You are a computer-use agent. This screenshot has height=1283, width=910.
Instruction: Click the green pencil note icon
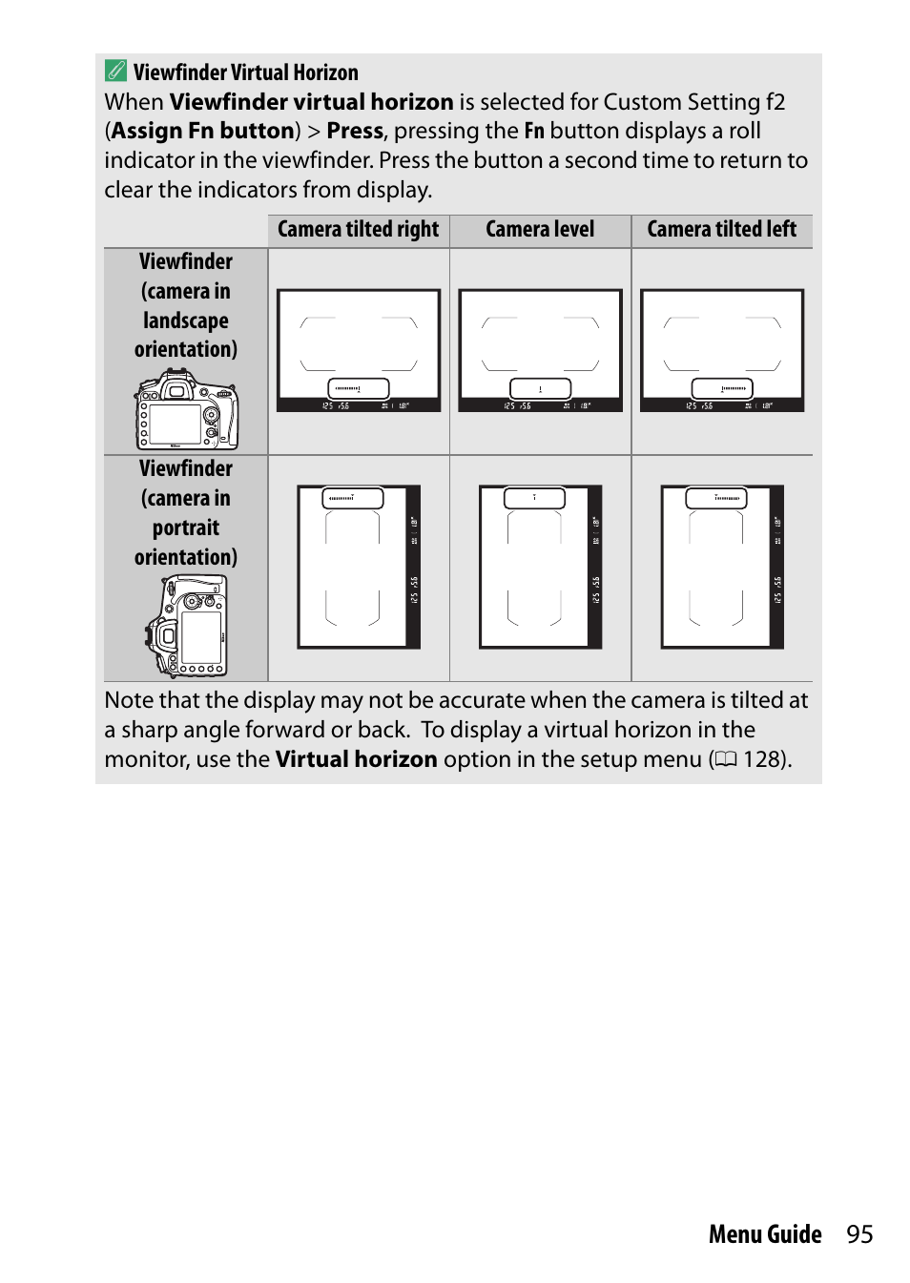[x=115, y=71]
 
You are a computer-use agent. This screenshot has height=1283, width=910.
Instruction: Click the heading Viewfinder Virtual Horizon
[x=245, y=72]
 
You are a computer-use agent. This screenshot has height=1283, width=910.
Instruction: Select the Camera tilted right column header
[x=358, y=230]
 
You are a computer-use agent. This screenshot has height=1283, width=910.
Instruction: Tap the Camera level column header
[x=540, y=230]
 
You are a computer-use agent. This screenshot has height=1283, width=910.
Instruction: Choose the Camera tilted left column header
[x=721, y=230]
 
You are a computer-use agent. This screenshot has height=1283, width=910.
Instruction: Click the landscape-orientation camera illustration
[x=187, y=410]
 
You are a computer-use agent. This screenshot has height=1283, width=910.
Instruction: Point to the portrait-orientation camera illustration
[x=187, y=626]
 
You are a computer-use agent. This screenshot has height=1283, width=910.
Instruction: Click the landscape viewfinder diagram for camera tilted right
[x=359, y=350]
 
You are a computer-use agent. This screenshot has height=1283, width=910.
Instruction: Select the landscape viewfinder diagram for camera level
[x=540, y=350]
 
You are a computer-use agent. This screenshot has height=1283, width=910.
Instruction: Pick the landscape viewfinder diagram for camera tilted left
[x=722, y=350]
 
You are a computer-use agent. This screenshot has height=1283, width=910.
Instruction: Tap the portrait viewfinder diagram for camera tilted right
[x=359, y=567]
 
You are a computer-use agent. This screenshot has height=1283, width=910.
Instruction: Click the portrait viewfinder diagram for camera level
[x=540, y=567]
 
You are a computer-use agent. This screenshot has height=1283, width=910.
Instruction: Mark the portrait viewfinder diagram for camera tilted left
[x=722, y=567]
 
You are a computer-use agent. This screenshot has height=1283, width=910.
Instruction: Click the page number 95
[x=859, y=1234]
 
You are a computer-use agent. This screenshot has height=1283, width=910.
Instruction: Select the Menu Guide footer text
[x=765, y=1234]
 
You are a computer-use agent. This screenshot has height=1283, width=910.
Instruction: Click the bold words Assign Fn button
[x=202, y=131]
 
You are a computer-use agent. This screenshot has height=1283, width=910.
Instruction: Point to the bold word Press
[x=355, y=131]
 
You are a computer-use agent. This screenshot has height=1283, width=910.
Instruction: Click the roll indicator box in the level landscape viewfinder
[x=540, y=388]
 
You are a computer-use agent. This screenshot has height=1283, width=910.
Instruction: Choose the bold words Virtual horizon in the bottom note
[x=356, y=759]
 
